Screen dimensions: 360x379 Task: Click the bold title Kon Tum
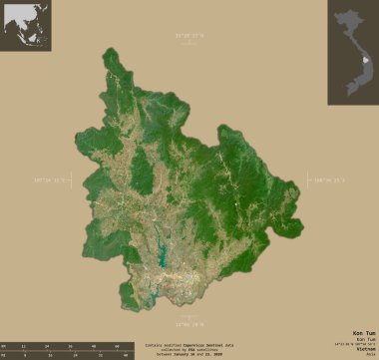(x=364, y=331)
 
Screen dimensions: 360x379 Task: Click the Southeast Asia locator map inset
(x=27, y=26)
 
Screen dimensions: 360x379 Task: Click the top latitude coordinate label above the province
(x=188, y=37)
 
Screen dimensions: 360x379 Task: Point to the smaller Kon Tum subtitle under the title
(x=365, y=340)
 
